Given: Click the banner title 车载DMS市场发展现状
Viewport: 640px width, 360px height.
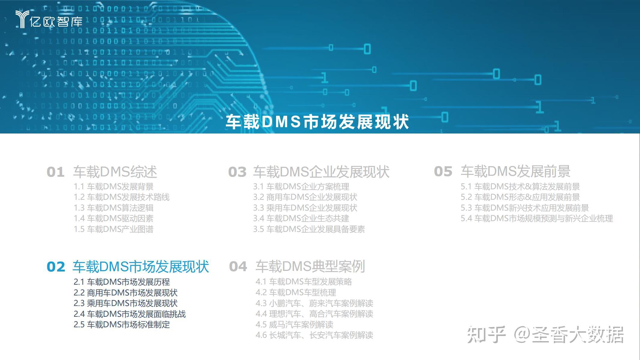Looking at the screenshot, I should pos(317,122).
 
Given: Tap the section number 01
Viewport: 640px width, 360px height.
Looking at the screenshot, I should pos(56,172).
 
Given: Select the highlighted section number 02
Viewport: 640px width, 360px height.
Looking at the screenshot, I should pos(56,267).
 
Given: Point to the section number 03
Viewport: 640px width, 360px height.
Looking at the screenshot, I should pos(237,172).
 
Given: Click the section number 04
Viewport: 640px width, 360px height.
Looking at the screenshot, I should pos(238,267).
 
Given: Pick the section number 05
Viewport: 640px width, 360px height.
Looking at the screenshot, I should pos(443,172).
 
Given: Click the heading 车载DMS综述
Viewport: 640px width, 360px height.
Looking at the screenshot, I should pos(115,172).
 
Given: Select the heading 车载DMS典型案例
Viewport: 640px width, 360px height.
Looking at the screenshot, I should pos(310,266).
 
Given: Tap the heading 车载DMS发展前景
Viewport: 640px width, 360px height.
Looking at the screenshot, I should pos(515,172).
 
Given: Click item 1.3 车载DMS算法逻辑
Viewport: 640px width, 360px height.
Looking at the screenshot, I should pos(113,208).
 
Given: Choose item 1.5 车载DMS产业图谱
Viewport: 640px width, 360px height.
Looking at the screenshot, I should pos(113,229).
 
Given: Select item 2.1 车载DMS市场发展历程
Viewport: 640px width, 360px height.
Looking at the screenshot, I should pos(122,282).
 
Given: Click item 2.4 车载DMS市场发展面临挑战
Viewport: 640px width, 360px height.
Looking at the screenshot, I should pos(129,314).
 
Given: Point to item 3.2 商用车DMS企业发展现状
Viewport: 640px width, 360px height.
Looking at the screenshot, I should pos(305,197).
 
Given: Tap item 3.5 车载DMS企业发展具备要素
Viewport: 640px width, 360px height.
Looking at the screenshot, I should pos(309,229).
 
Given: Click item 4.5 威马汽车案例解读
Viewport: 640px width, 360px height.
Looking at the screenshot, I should pos(294,325).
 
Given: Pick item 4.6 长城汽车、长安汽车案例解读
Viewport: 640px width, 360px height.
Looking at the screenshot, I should pos(314,335).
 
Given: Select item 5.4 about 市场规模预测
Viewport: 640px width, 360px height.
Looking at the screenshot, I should pos(536,218).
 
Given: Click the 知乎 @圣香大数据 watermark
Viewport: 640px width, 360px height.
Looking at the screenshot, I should pos(545,334).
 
